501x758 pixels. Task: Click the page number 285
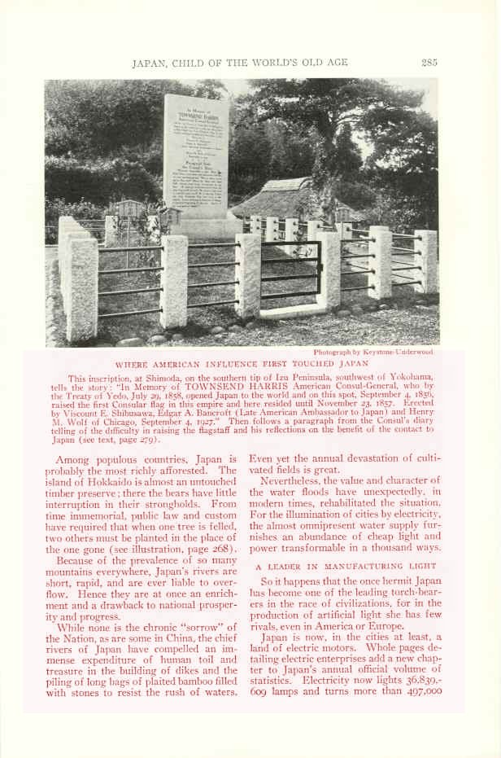tap(429, 62)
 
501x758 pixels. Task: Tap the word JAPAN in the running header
tap(149, 63)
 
